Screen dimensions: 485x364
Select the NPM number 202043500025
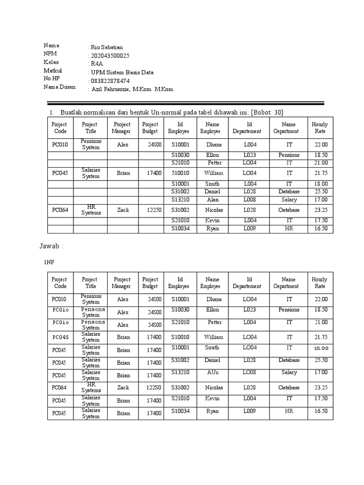point(109,55)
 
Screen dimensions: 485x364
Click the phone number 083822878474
point(109,81)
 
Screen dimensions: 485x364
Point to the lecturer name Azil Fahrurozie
point(113,89)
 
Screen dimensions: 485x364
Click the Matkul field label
point(53,71)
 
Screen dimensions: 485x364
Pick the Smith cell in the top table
point(212,184)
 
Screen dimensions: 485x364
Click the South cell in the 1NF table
point(212,347)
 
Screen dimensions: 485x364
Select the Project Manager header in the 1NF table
point(121,283)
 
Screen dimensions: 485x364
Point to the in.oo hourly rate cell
point(321,348)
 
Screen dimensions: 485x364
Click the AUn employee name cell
point(212,372)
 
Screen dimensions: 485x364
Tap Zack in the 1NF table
point(123,387)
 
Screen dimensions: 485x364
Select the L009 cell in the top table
point(250,228)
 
